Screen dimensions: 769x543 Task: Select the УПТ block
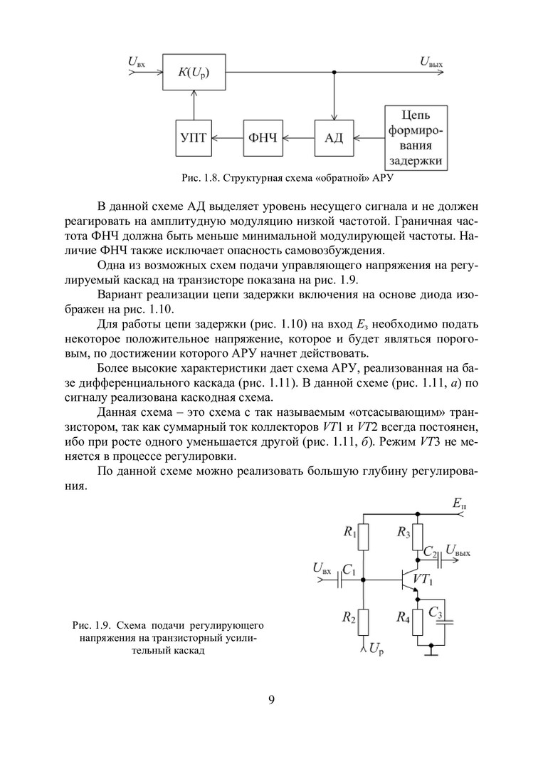click(x=194, y=137)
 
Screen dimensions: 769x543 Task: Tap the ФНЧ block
click(x=264, y=137)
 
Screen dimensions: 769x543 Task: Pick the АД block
click(x=334, y=137)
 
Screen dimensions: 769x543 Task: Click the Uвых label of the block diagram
click(x=431, y=62)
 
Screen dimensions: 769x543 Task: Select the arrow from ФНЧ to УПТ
click(x=228, y=137)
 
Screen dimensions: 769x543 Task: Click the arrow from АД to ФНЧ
click(x=299, y=137)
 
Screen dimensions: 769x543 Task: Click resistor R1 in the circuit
click(x=364, y=538)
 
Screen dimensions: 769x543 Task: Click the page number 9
click(x=271, y=699)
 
